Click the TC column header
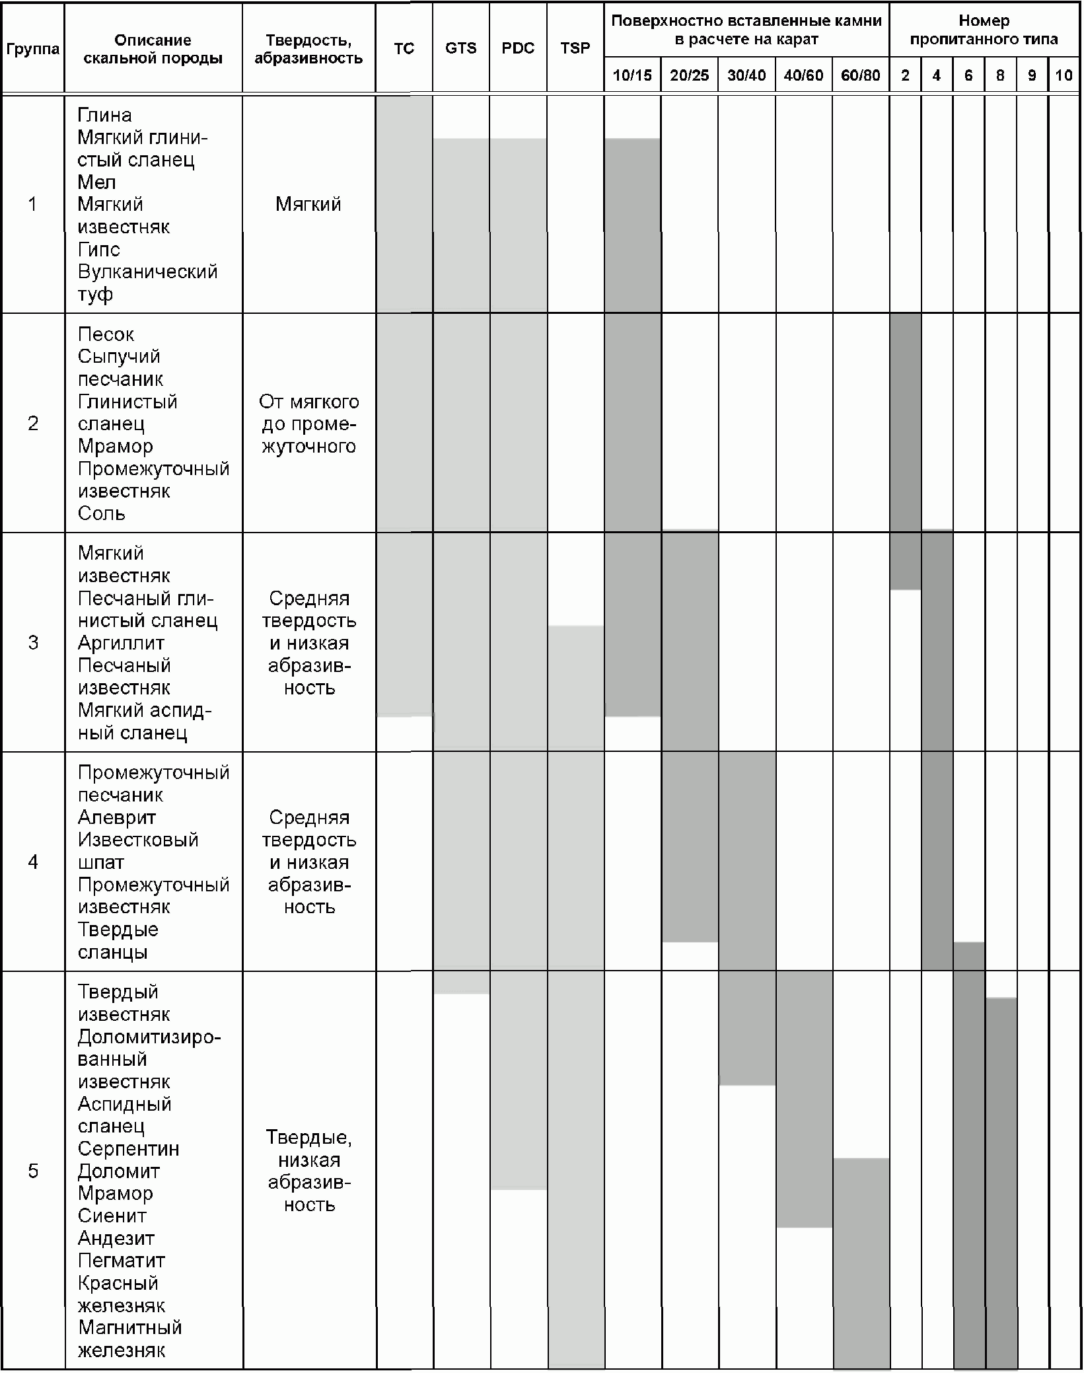(x=404, y=48)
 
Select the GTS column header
(x=460, y=48)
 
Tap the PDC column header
(x=518, y=48)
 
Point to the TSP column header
(x=575, y=48)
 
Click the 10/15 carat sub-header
(x=632, y=75)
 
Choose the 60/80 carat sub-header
(x=860, y=75)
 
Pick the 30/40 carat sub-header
(x=746, y=75)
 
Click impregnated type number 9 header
(x=1032, y=75)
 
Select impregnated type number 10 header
(x=1064, y=75)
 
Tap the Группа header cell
(x=32, y=49)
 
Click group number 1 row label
(x=32, y=204)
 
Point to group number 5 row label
(x=32, y=1171)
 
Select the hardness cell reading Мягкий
(x=308, y=204)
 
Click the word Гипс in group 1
(x=99, y=250)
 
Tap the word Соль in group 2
(x=101, y=513)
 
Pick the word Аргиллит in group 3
(x=121, y=643)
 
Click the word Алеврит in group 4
(x=117, y=817)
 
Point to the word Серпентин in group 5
(x=128, y=1149)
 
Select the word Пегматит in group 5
(x=121, y=1261)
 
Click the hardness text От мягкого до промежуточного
(x=308, y=424)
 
